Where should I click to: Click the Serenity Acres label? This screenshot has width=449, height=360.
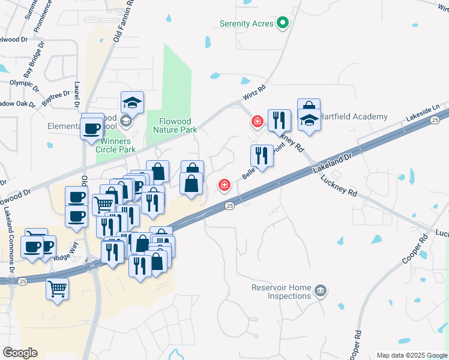[x=246, y=24]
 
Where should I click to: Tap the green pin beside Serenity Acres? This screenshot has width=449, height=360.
[x=282, y=24]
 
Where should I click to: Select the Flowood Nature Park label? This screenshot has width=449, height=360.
[x=175, y=125]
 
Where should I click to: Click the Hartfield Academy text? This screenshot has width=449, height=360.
[x=354, y=116]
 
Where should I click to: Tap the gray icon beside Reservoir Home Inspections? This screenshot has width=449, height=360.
[x=321, y=292]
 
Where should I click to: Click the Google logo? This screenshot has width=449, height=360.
[x=20, y=352]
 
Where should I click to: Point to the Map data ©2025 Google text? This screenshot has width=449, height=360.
[x=411, y=355]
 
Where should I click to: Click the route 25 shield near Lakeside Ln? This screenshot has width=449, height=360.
[x=434, y=121]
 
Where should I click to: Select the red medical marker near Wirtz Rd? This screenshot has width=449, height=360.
[x=258, y=122]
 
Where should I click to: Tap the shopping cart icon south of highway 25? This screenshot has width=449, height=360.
[x=58, y=289]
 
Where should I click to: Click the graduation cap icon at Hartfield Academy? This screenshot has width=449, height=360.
[x=309, y=121]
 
